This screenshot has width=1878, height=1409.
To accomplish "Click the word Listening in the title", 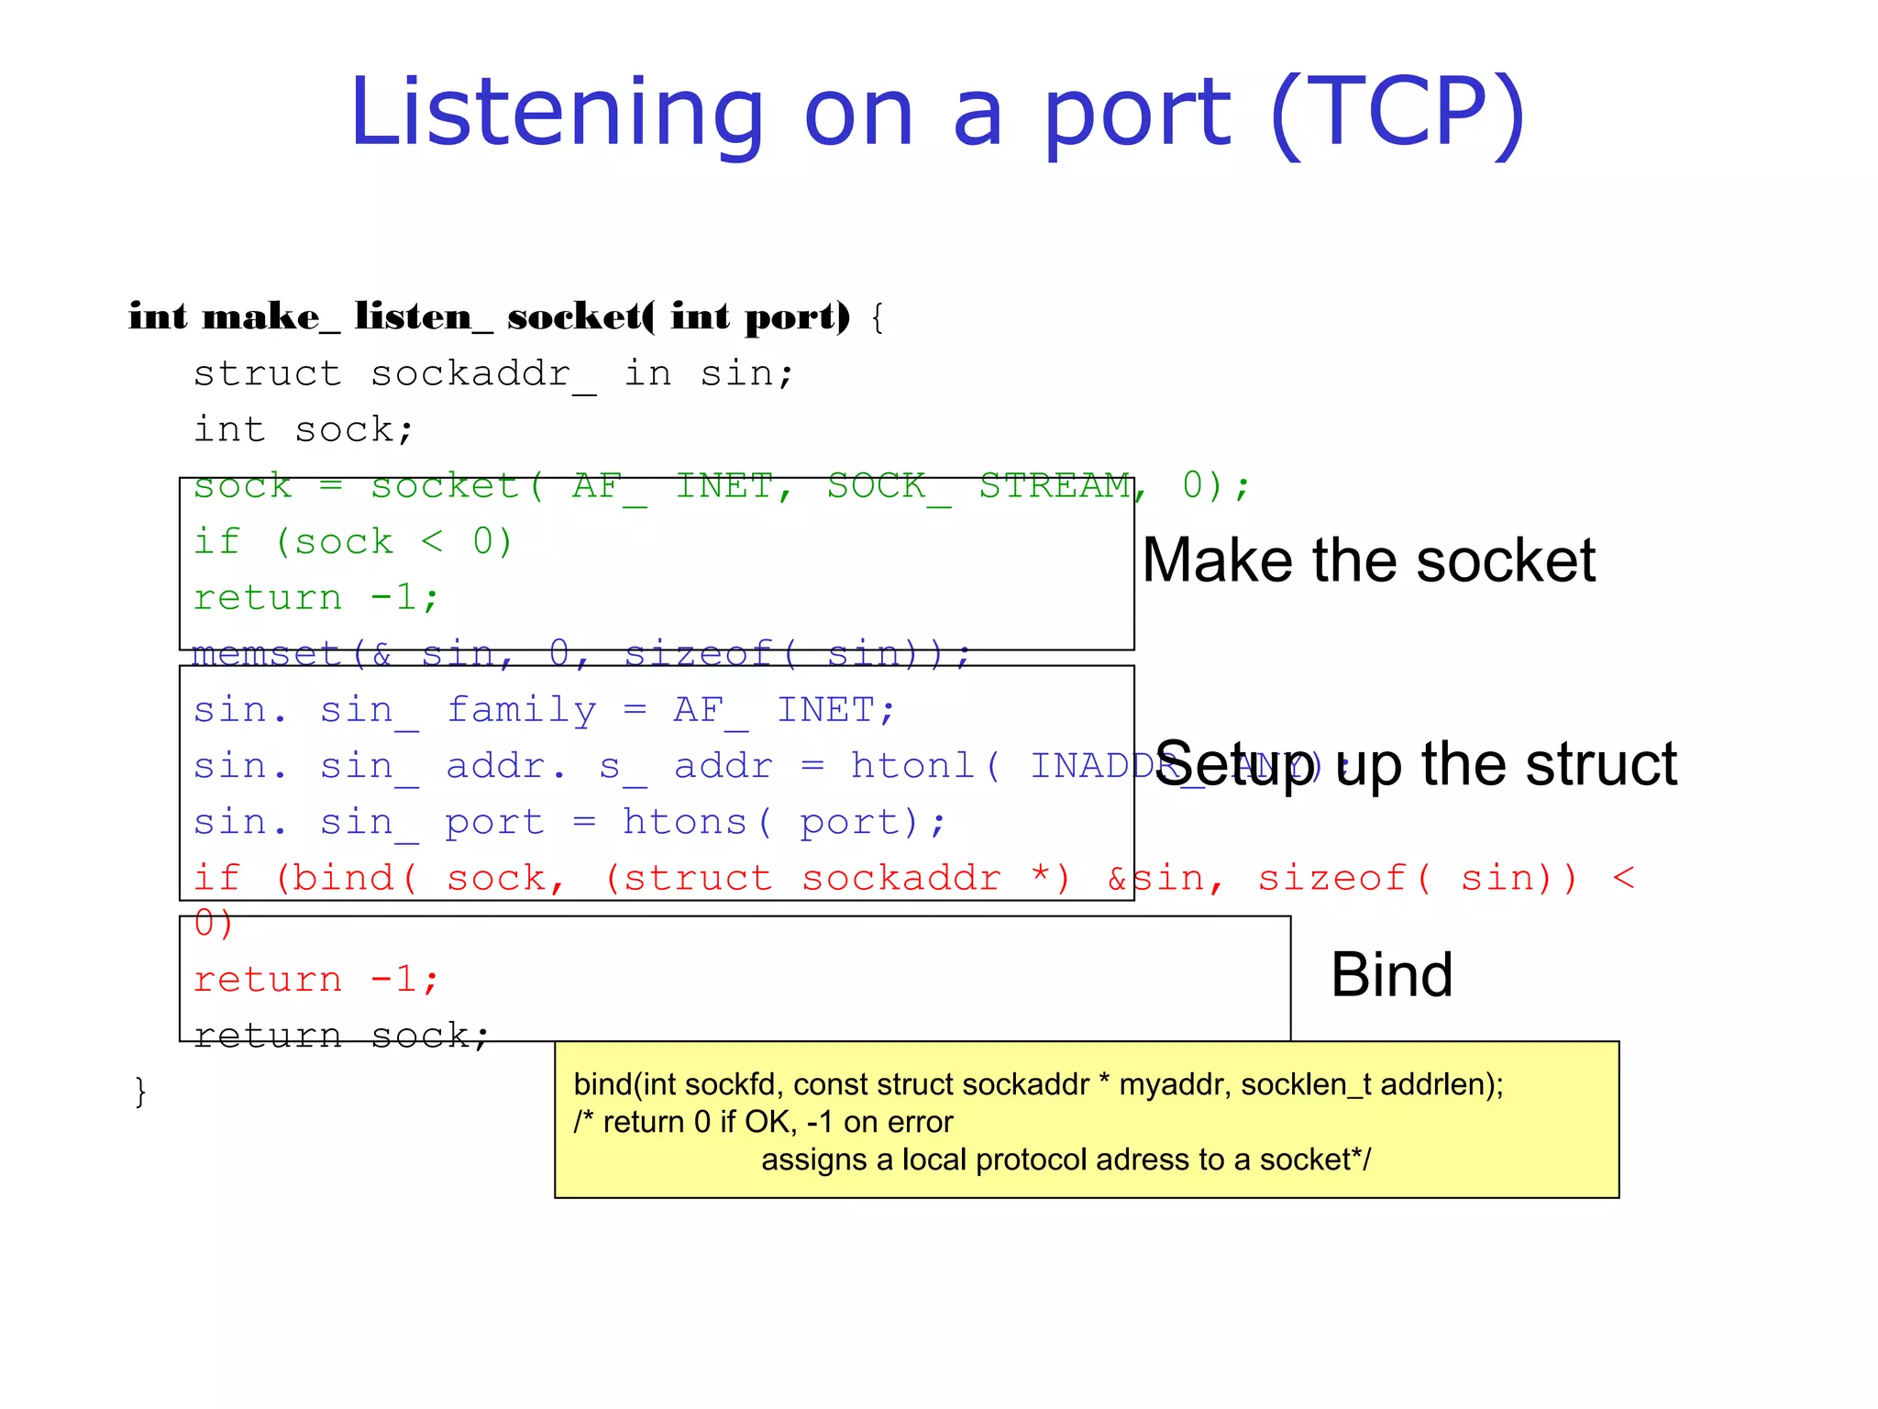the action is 556,114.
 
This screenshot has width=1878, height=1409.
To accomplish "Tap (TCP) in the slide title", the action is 1397,114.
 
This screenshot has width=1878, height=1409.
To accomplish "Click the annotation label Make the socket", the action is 1368,560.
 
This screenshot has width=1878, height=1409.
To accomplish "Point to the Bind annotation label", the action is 1391,974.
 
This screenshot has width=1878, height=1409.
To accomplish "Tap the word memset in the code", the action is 267,654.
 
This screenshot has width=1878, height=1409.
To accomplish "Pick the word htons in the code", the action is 684,822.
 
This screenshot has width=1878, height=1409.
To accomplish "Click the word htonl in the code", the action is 911,766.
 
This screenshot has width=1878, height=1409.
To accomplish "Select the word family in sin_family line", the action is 521,710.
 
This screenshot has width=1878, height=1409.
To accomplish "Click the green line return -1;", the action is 315,598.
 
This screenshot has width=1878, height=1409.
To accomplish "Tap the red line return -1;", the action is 315,980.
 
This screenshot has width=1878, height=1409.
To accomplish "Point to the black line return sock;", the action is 341,1036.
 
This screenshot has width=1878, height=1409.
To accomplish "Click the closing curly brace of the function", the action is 140,1092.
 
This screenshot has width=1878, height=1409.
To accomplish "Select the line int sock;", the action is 303,430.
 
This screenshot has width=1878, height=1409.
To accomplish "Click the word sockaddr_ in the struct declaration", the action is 482,374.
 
